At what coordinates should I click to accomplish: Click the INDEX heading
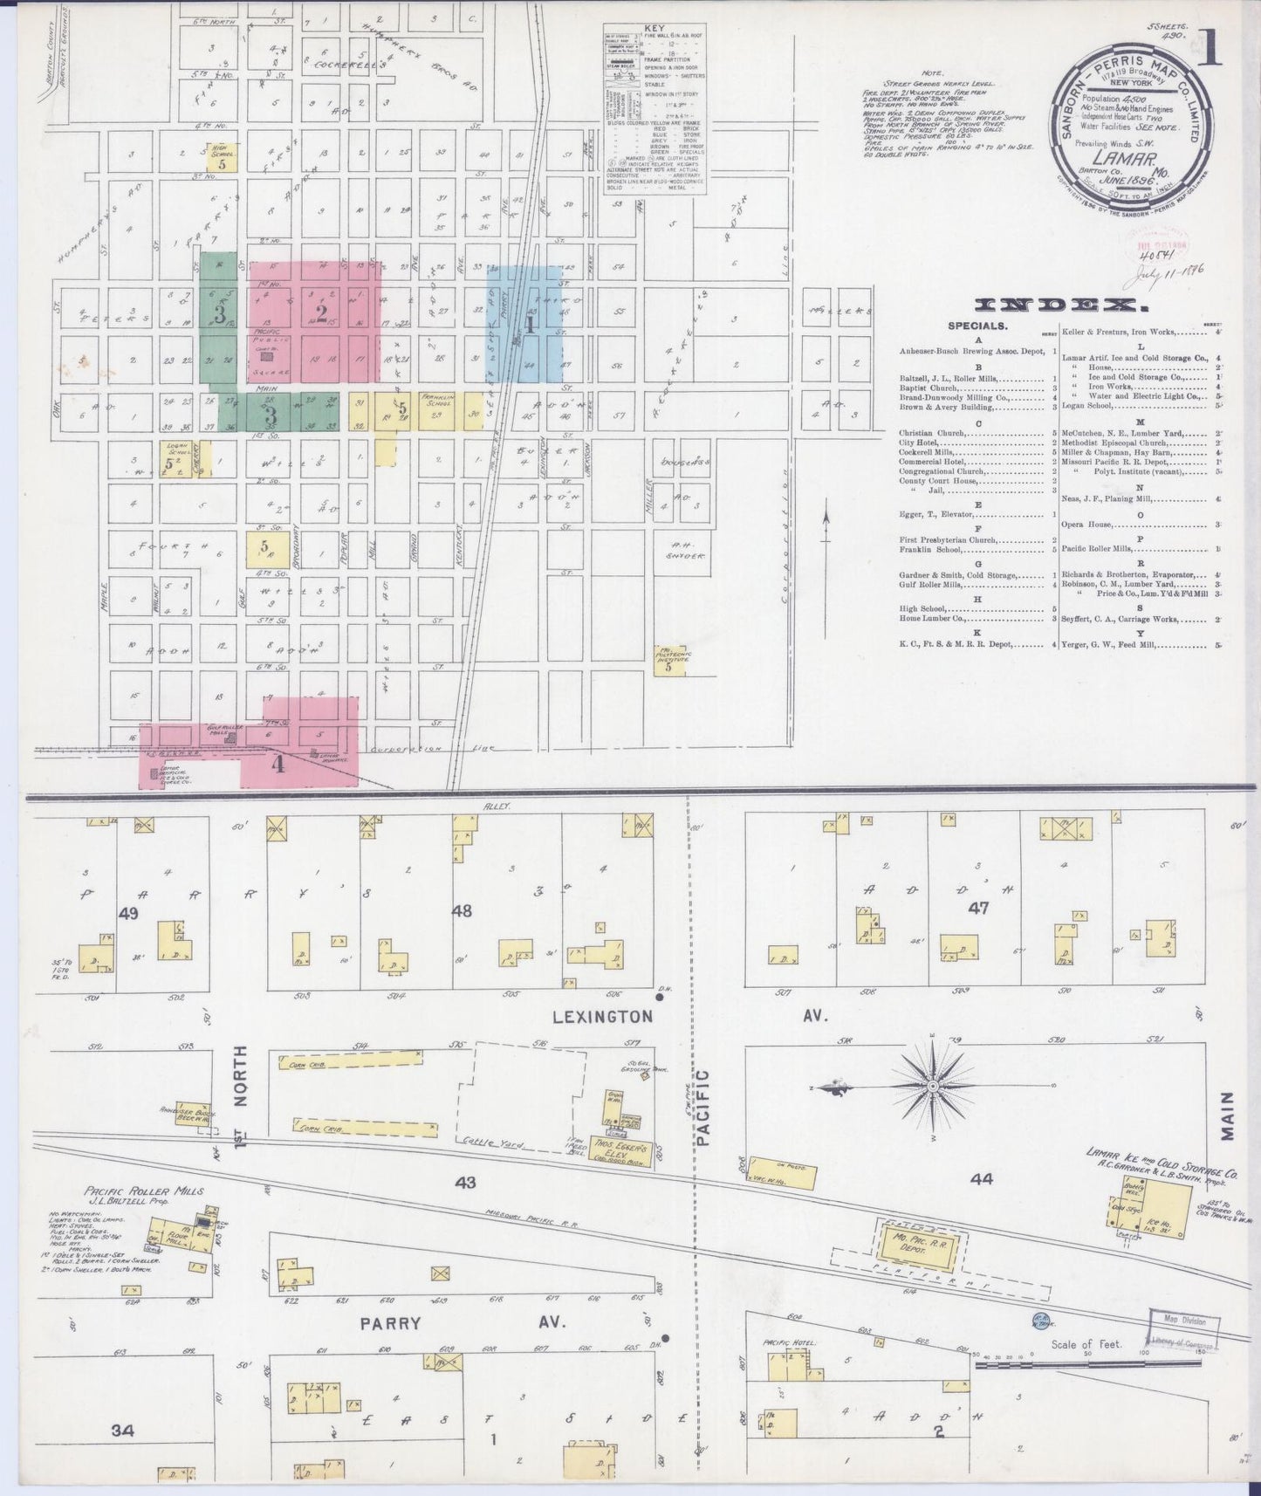(x=1059, y=305)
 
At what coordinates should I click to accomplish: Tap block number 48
(x=461, y=911)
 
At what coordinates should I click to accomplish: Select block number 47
(x=978, y=908)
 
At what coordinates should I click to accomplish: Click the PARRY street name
(x=391, y=1348)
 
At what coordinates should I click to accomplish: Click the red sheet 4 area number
(x=278, y=765)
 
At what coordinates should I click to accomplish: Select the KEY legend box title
(x=653, y=29)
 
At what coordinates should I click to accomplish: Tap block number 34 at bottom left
(x=123, y=1431)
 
